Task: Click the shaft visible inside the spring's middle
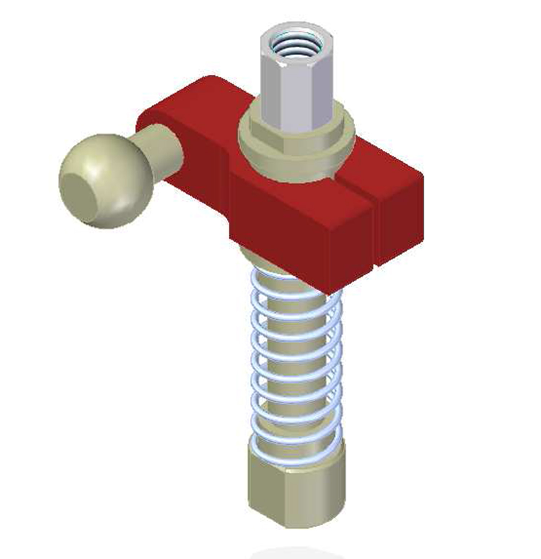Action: tap(296, 361)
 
